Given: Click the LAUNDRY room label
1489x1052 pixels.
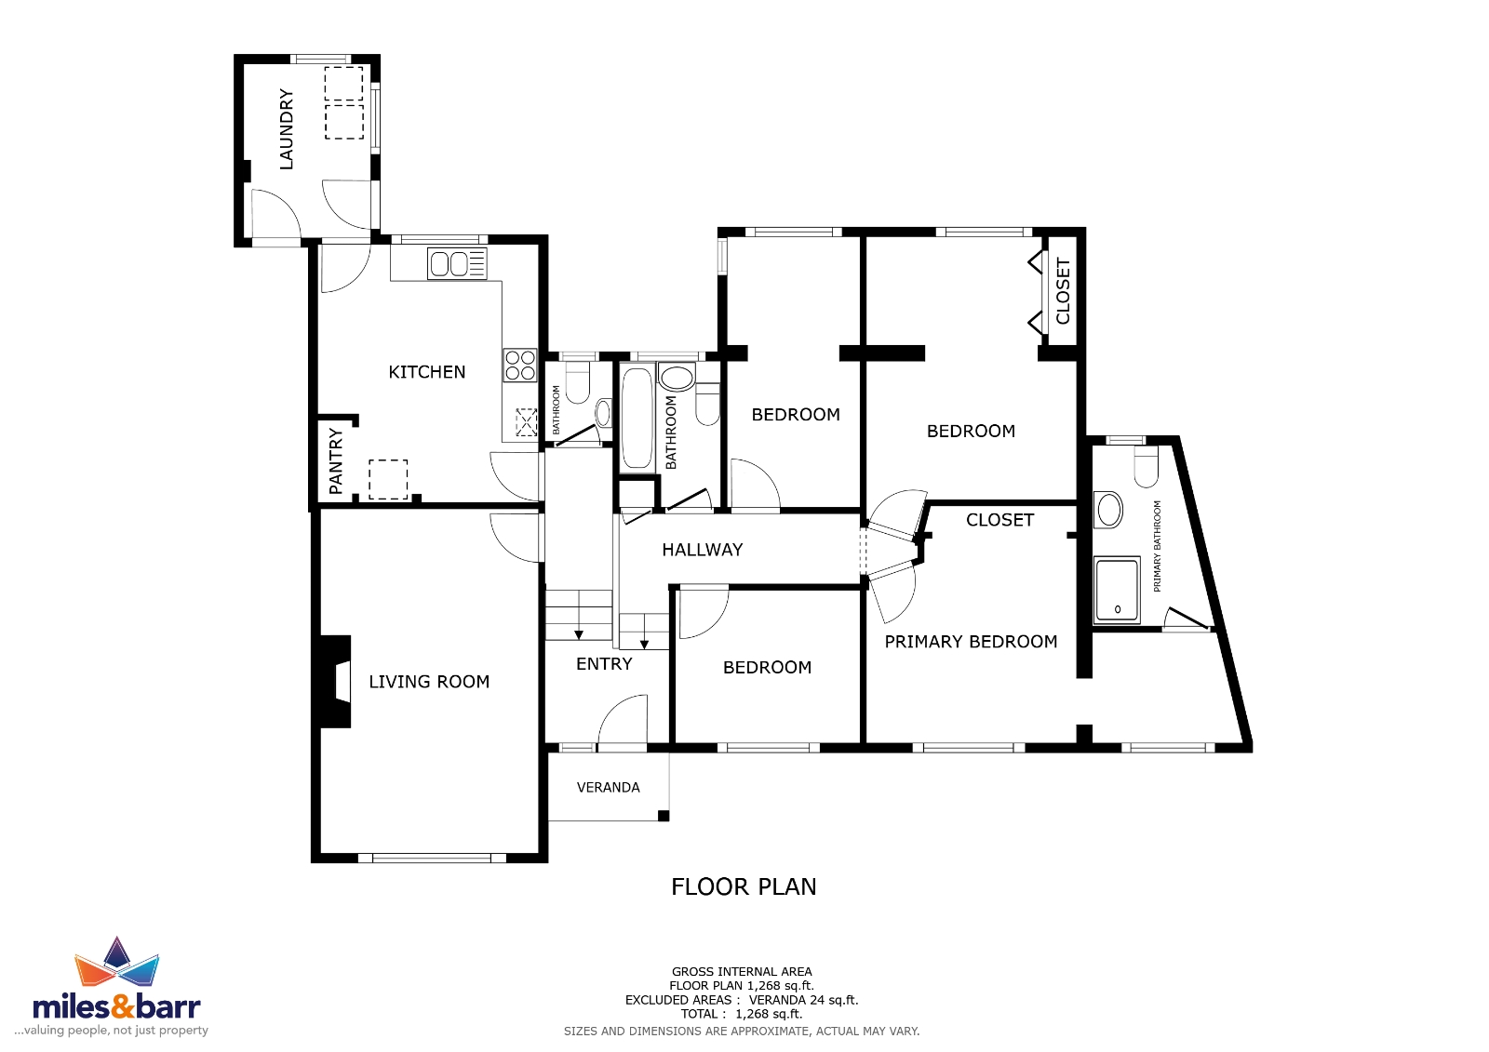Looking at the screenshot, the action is (286, 129).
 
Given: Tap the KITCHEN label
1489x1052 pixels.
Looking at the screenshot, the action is (427, 372).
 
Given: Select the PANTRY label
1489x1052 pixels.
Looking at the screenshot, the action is (336, 461).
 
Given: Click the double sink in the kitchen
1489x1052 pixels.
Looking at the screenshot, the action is (457, 264).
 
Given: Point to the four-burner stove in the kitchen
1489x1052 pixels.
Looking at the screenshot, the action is (520, 365).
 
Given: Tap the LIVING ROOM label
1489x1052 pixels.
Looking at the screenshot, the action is (429, 682).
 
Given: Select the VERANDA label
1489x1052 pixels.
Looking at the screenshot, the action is (609, 788).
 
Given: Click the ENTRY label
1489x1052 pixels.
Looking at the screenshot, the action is (604, 664).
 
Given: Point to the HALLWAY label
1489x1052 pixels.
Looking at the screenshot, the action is (703, 550).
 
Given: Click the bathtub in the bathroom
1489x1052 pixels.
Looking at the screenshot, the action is (637, 418).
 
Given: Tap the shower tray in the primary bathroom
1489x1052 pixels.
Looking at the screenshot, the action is (1118, 591).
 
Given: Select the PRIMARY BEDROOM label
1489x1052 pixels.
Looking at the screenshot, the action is (972, 642).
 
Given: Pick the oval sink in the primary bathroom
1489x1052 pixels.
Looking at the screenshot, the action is (1108, 511).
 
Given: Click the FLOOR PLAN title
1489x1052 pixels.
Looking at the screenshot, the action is (744, 887).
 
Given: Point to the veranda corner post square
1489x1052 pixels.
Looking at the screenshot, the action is (664, 816).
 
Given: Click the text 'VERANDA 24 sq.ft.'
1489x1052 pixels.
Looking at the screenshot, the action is (804, 1000).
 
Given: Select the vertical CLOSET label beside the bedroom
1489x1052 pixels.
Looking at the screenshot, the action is (1063, 292).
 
